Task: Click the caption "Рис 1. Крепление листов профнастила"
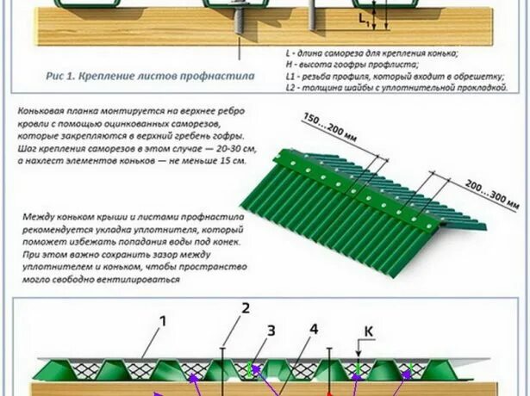tap(150, 76)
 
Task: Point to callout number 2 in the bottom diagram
tap(246, 308)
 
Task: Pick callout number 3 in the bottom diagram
tap(271, 330)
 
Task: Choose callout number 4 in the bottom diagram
tap(314, 329)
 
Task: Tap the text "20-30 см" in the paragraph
tap(225, 148)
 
